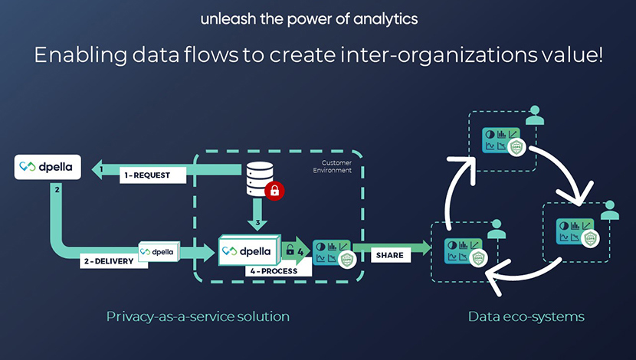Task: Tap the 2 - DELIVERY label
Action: [x=108, y=260]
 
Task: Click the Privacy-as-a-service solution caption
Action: [x=198, y=316]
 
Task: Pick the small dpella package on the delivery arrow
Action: [x=159, y=250]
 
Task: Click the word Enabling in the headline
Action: [x=70, y=56]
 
